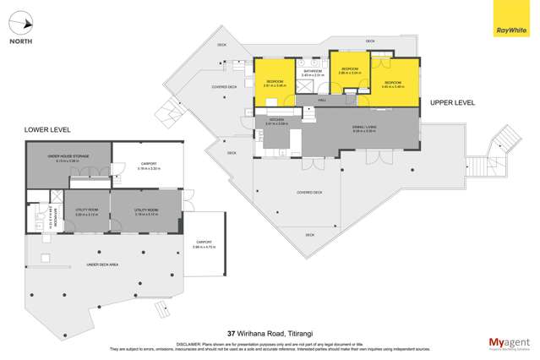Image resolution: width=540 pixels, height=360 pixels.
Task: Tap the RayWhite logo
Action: click(506, 19)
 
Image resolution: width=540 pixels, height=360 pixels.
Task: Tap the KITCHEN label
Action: click(276, 120)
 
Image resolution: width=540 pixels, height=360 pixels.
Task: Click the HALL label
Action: click(321, 101)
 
